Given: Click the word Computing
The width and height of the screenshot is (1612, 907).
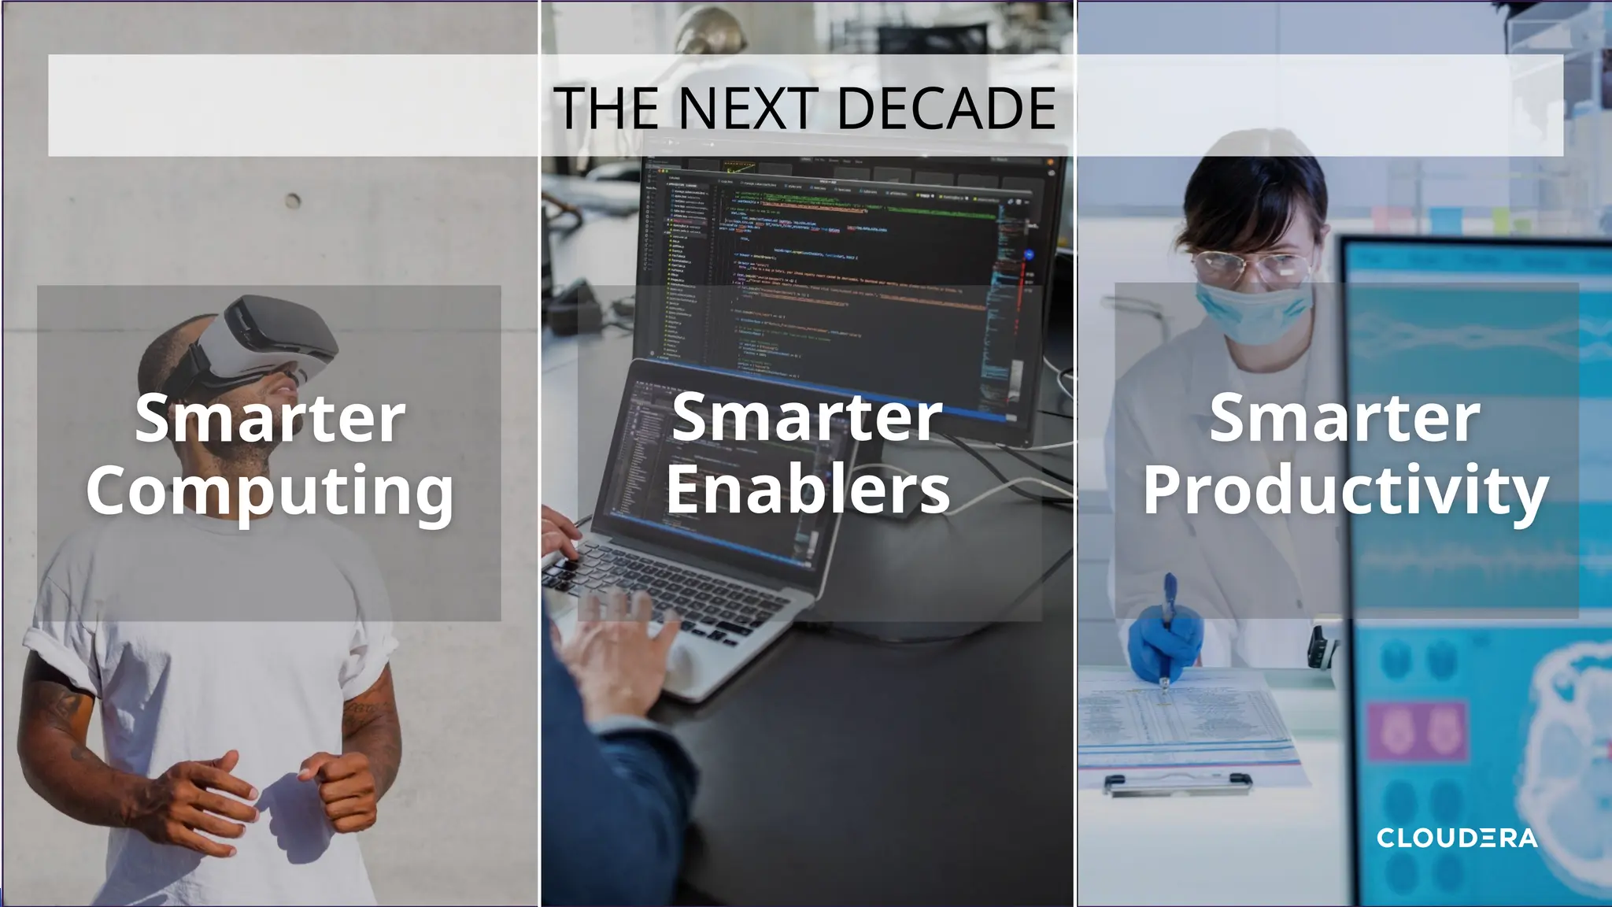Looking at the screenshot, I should pos(270,491).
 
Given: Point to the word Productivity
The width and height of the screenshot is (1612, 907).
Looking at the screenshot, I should pos(1345,491).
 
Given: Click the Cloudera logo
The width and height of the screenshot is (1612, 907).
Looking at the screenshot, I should pos(1457,838).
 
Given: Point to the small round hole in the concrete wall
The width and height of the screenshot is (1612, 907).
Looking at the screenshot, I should pos(293,201).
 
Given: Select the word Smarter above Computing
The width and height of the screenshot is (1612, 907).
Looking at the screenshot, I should pos(270,419).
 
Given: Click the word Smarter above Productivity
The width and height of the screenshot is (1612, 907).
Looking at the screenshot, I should pos(1345,419).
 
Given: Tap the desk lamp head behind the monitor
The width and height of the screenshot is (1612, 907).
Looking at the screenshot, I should pos(712,31).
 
